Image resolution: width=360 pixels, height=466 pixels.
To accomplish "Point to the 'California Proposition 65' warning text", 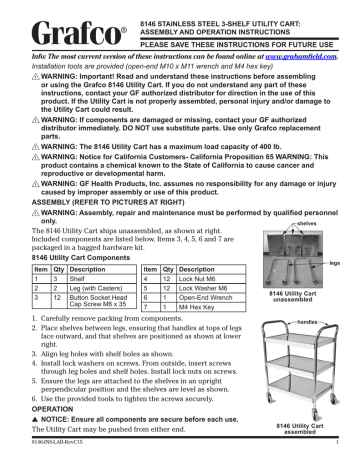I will (211, 151).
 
